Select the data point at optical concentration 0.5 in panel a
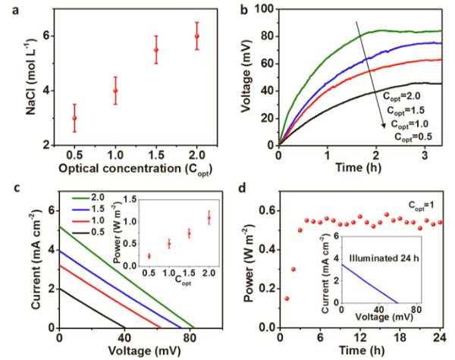click(74, 117)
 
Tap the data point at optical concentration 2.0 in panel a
click(197, 36)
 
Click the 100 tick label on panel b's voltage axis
click(262, 8)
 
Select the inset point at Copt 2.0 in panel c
click(208, 218)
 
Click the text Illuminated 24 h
click(393, 263)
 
